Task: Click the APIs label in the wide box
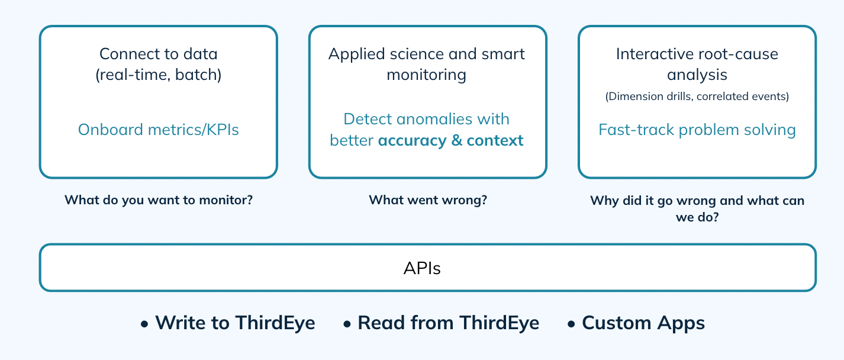click(422, 268)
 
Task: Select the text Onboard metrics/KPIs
click(158, 130)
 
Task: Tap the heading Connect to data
click(158, 54)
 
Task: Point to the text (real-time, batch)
click(158, 75)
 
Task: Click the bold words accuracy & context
click(450, 140)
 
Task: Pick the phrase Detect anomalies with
click(426, 119)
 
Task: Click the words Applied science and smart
click(426, 54)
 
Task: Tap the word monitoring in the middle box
click(426, 75)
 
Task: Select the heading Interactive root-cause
click(697, 54)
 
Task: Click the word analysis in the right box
click(697, 75)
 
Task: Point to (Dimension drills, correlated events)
click(697, 97)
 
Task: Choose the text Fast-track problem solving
click(697, 130)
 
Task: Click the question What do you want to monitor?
click(158, 200)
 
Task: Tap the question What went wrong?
click(427, 200)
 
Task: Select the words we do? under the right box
click(697, 217)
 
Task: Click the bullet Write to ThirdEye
click(234, 323)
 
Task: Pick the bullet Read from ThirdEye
click(448, 323)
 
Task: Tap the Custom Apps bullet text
click(643, 323)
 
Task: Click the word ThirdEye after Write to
click(275, 323)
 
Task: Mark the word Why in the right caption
click(604, 200)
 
